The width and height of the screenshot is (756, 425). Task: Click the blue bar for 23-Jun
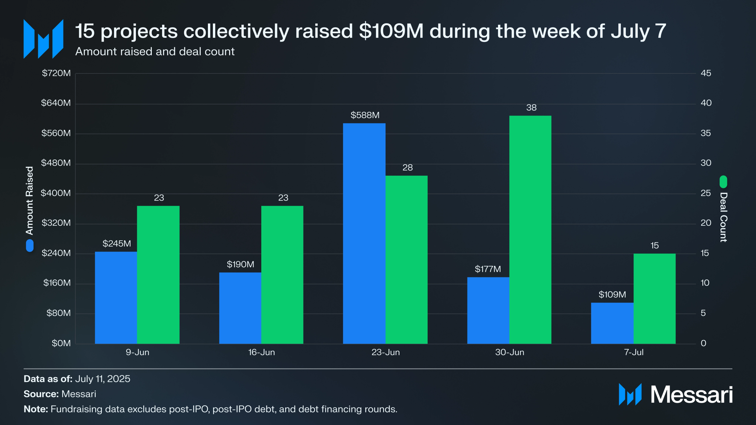tap(364, 233)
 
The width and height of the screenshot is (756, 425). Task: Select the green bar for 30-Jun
tap(530, 230)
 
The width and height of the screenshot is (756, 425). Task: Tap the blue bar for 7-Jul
tap(612, 323)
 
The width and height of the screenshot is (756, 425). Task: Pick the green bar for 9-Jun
tap(158, 275)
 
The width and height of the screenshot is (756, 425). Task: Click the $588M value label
tap(365, 115)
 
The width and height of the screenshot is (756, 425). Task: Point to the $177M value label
tap(488, 269)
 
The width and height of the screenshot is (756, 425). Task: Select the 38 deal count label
tap(531, 108)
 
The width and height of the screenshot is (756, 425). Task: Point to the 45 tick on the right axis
tap(706, 73)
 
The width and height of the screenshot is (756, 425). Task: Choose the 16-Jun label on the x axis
tap(261, 352)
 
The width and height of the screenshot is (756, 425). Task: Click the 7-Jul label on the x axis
tap(634, 352)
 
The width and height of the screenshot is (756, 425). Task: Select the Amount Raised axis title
tap(29, 200)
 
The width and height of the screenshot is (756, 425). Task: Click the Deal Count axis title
tap(723, 217)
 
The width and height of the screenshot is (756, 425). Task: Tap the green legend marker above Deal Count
tap(723, 182)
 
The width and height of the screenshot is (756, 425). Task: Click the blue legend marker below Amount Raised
tap(30, 245)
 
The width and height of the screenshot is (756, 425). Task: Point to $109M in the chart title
tap(391, 31)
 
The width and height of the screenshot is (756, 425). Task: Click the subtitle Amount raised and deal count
tap(155, 51)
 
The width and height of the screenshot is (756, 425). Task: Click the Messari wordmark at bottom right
tap(691, 395)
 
